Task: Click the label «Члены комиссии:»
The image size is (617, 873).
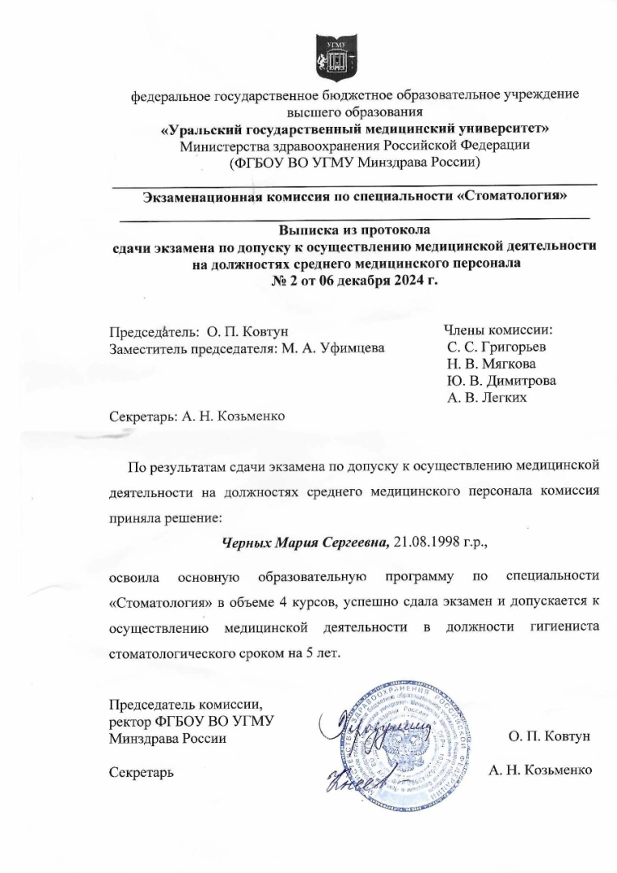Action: click(497, 330)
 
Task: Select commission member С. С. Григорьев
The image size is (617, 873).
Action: click(496, 348)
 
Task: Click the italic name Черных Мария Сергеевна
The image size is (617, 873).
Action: click(306, 542)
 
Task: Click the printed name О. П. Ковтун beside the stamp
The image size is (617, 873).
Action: click(550, 737)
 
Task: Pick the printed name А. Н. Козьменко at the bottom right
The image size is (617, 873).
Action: click(541, 770)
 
